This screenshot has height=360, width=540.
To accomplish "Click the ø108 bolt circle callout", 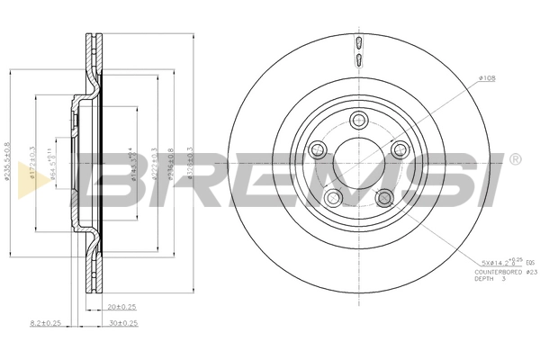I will point(486,80).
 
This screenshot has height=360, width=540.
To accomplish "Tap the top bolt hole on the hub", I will point(358,120).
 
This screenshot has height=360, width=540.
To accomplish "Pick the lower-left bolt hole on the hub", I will point(334,198).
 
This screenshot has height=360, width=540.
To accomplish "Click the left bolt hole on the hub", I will point(317,150).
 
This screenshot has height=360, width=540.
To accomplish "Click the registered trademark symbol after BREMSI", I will point(514,159).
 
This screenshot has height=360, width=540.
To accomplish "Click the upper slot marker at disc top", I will point(359,42).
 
